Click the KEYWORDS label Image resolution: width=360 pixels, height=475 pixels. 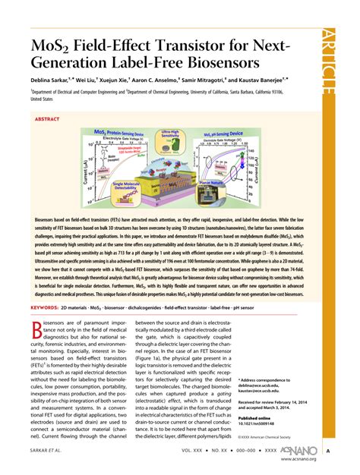(45, 308)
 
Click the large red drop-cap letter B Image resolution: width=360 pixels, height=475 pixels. (39, 332)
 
